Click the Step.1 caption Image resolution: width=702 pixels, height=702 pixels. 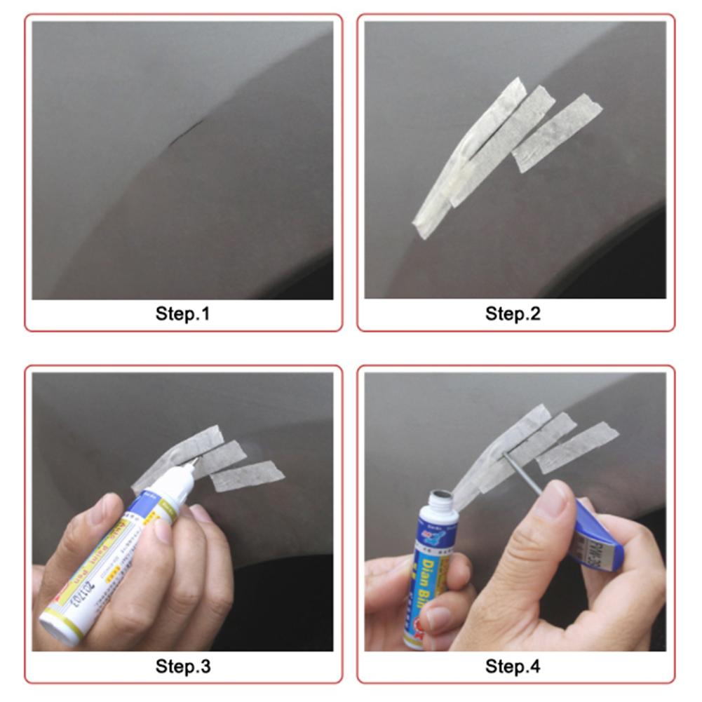[182, 313]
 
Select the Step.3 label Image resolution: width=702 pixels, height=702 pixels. [182, 666]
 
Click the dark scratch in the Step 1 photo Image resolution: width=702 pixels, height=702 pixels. [180, 134]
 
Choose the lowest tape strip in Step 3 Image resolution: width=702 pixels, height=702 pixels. [247, 476]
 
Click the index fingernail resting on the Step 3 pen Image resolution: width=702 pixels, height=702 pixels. [163, 529]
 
